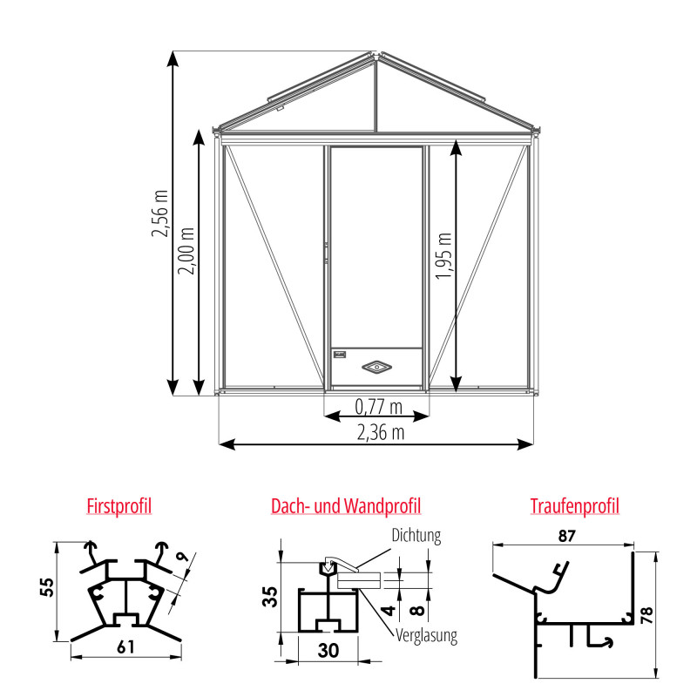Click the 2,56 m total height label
[x=160, y=213]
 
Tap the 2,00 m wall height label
[x=186, y=251]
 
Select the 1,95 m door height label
[x=443, y=255]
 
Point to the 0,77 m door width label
[x=379, y=407]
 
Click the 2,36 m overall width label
[x=381, y=432]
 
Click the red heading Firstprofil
[x=119, y=506]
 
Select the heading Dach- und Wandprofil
[x=346, y=506]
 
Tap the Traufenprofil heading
[x=575, y=506]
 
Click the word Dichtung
[x=416, y=536]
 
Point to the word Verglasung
[x=426, y=636]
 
